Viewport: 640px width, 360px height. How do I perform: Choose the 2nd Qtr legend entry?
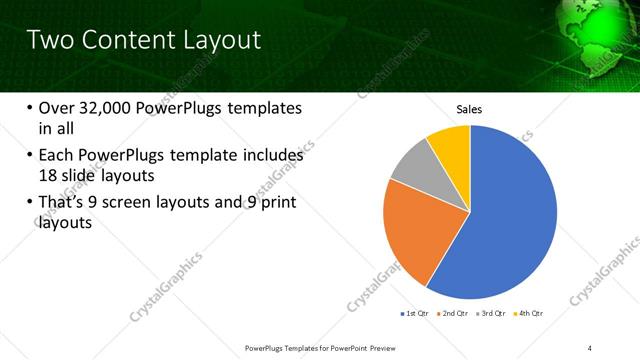tap(455, 313)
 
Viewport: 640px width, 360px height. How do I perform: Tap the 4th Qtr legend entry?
tap(531, 313)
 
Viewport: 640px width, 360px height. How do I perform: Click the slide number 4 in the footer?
tap(590, 347)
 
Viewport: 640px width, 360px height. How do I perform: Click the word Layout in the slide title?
tap(220, 40)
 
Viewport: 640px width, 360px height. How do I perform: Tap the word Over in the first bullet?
tap(57, 108)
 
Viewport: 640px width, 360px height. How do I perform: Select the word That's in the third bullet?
tap(63, 204)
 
